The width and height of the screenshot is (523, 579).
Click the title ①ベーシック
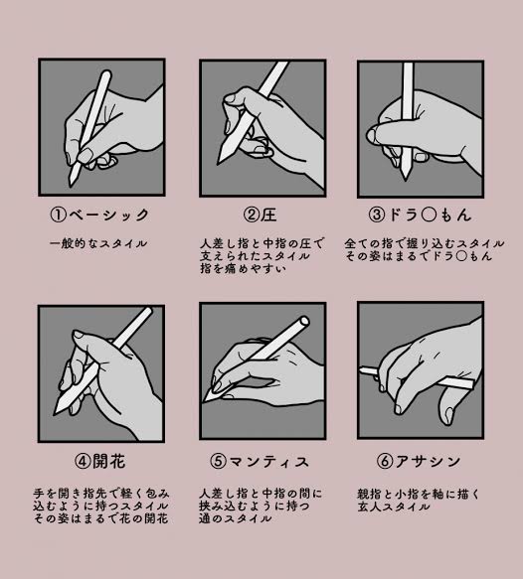tap(99, 215)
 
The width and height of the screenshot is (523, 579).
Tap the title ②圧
tap(261, 215)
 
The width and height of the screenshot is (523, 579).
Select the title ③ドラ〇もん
tap(420, 215)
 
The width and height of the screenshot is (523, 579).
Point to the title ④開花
tap(99, 461)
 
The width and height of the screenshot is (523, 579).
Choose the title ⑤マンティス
tap(260, 461)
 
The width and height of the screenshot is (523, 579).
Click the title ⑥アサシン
tap(419, 461)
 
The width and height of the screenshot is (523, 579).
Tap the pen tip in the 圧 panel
tap(219, 162)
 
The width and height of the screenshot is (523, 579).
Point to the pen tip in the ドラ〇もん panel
tap(406, 179)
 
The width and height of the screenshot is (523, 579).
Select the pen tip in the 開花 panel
tap(55, 412)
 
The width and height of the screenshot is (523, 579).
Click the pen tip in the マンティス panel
tap(204, 401)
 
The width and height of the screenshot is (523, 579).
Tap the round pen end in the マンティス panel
tap(304, 321)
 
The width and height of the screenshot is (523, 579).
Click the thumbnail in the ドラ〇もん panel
tap(371, 136)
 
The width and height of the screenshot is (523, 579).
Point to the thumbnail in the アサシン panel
tap(449, 415)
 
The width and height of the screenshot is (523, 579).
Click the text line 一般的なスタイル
tap(98, 243)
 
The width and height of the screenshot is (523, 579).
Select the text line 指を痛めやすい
tap(244, 268)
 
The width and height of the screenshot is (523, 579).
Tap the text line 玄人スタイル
tap(394, 507)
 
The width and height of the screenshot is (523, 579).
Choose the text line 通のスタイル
tap(235, 518)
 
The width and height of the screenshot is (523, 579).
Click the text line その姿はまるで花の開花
tap(100, 518)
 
